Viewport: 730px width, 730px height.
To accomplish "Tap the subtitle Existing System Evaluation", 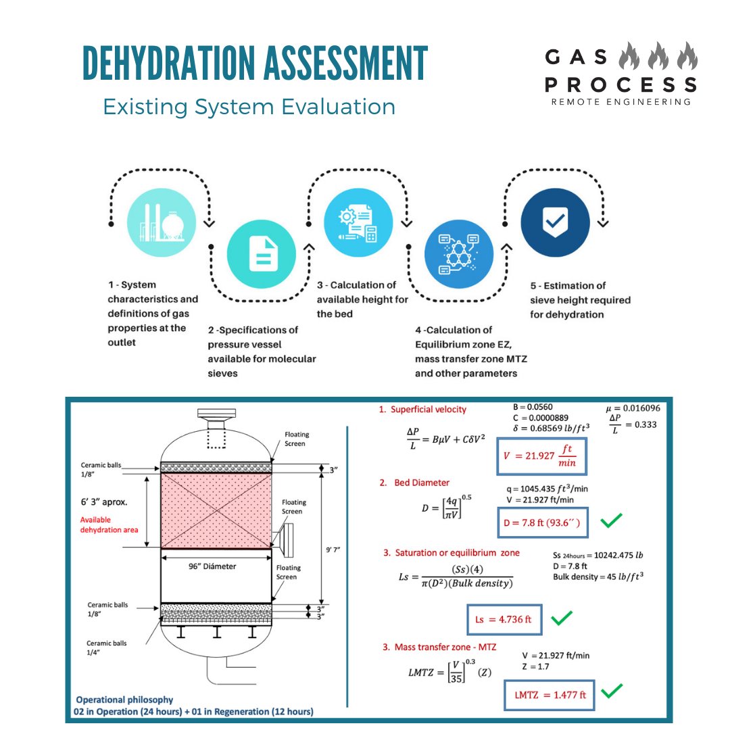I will [249, 107].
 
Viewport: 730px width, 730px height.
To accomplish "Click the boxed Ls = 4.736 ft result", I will [504, 618].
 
